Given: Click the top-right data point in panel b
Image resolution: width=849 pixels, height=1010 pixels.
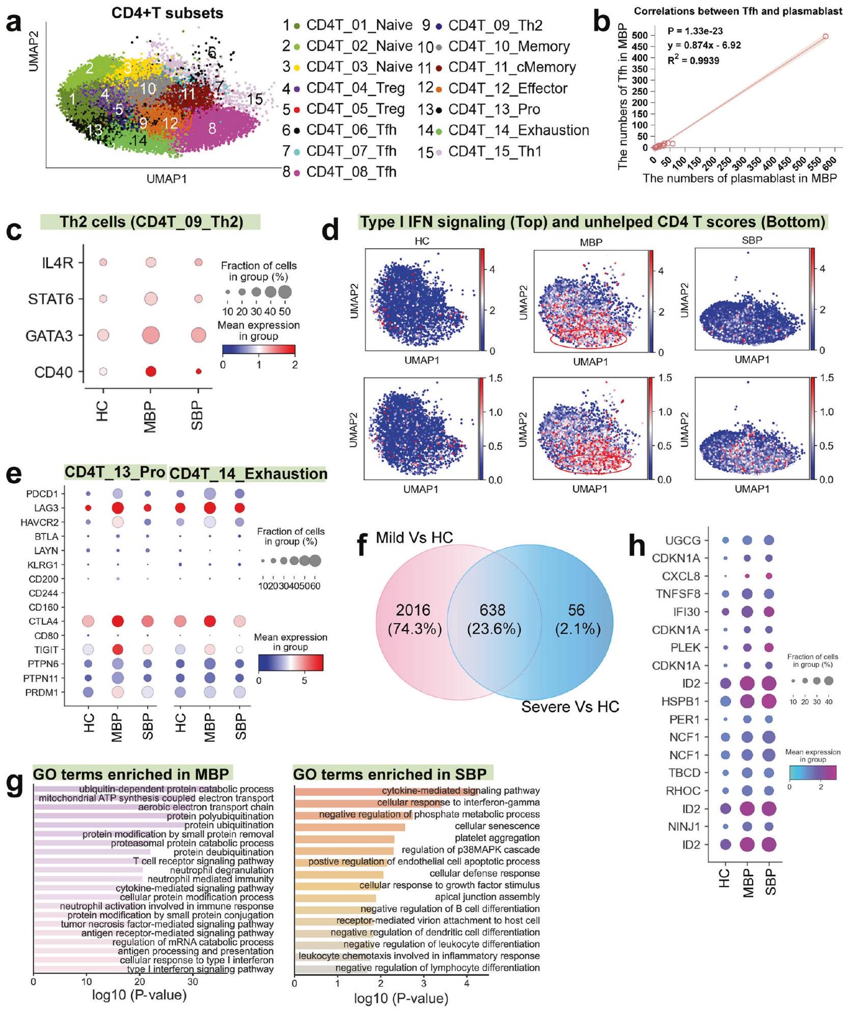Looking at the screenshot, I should [x=826, y=37].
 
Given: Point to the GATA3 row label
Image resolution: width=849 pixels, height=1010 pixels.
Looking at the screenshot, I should [x=50, y=336].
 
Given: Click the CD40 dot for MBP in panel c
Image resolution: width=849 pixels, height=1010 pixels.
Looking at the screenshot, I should [x=150, y=372].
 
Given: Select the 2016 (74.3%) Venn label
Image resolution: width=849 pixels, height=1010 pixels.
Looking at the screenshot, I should [x=414, y=620].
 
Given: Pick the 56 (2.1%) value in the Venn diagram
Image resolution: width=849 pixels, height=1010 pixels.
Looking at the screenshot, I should [x=577, y=620].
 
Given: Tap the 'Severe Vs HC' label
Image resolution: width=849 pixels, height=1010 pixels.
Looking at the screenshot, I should [x=570, y=707].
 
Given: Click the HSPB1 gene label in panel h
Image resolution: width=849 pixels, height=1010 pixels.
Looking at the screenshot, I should [x=684, y=701].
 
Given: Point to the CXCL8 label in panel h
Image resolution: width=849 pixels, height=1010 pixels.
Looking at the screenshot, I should [x=681, y=576].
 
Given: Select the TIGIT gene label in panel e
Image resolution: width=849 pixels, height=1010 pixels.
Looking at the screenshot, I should [x=46, y=650].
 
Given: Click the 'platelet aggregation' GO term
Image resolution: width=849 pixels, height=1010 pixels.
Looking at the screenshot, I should [x=497, y=838].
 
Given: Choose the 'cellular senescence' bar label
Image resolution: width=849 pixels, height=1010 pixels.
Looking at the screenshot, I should [x=497, y=826].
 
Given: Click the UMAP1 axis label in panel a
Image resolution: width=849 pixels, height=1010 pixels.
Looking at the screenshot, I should [x=167, y=179].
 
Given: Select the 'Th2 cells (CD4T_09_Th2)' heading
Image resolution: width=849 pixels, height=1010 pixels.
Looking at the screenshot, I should [x=151, y=222].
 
